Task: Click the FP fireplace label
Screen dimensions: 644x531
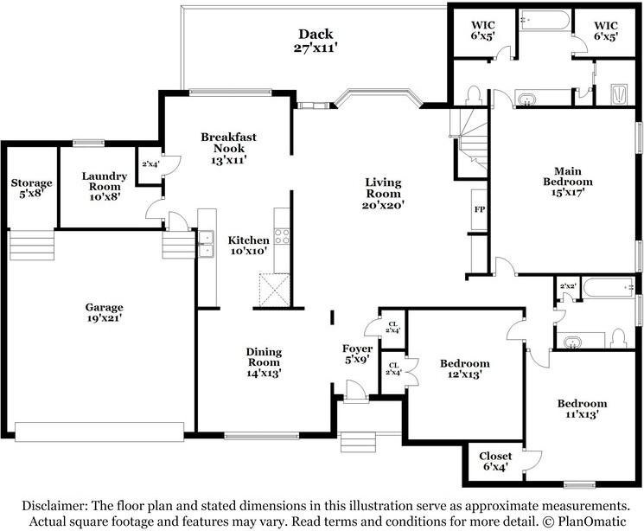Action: click(479, 209)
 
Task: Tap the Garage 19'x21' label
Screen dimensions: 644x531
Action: click(105, 312)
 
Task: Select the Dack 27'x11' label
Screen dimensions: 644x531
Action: click(316, 41)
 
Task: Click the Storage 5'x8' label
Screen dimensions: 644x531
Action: click(32, 188)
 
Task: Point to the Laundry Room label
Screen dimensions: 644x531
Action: click(105, 182)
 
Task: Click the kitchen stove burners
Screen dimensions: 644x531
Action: click(282, 237)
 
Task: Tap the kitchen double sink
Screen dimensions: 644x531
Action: click(206, 244)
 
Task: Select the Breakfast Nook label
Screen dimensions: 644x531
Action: click(228, 143)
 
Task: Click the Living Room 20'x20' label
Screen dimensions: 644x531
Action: click(384, 194)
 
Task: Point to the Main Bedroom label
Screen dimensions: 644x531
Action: click(568, 176)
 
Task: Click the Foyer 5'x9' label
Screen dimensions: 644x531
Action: click(357, 354)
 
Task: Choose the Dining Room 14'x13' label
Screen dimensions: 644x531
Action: click(264, 362)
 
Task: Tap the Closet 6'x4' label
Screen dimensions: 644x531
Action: click(495, 461)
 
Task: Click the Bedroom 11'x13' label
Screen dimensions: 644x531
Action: click(582, 408)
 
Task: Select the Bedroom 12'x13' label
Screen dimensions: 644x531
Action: click(464, 368)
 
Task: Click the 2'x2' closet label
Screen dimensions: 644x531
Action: click(568, 286)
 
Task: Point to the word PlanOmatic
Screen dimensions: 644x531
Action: click(592, 521)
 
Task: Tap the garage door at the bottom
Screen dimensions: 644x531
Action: click(99, 432)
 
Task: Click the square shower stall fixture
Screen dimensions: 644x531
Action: click(619, 94)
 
